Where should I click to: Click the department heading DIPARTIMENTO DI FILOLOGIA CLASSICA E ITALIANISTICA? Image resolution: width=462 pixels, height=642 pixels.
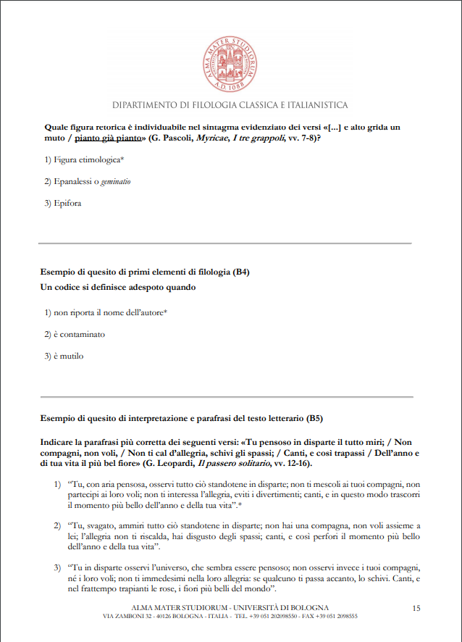[x=230, y=105]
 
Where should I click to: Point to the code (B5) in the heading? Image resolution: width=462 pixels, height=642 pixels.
[x=314, y=418]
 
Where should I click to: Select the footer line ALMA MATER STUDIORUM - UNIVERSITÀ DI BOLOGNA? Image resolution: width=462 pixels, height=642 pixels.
[x=230, y=606]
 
